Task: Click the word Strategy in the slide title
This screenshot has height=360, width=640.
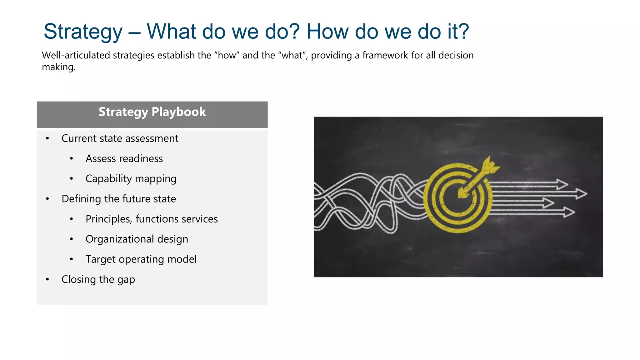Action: (83, 32)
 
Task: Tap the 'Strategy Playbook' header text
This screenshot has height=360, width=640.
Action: (152, 112)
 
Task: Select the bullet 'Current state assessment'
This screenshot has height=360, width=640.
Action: (120, 138)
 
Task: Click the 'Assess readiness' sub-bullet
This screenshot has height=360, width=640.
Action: (124, 159)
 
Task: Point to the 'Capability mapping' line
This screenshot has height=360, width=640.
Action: (131, 179)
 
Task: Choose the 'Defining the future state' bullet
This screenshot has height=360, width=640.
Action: (119, 199)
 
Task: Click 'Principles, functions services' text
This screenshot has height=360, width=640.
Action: (152, 219)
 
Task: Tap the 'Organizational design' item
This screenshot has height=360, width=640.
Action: (137, 239)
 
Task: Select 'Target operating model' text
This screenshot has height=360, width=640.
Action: (141, 259)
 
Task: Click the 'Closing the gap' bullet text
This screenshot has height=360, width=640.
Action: (98, 279)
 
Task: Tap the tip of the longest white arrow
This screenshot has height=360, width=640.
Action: (586, 194)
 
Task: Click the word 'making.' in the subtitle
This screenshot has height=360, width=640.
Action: (59, 67)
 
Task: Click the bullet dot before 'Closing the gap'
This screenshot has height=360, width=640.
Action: (47, 279)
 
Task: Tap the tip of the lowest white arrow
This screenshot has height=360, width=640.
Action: (573, 212)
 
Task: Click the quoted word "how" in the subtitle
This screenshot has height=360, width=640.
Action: (227, 55)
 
